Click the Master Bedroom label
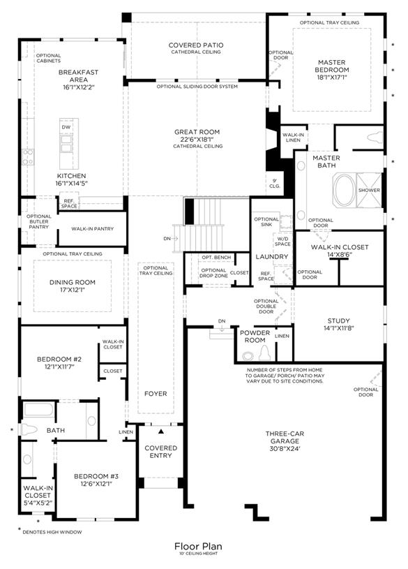point(331,66)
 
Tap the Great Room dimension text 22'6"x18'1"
point(197,140)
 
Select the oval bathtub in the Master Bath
point(344,190)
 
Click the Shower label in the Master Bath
point(369,190)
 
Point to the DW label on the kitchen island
point(66,127)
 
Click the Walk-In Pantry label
point(93,228)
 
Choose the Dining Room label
point(72,282)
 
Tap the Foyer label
point(156,393)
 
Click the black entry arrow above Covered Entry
point(161,431)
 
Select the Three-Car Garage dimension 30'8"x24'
point(285,448)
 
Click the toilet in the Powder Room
point(264,353)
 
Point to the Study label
point(338,320)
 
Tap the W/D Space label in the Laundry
point(282,242)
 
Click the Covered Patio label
point(196,45)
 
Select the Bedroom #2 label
point(59,359)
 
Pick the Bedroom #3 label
point(96,476)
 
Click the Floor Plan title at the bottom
point(198,546)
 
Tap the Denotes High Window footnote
point(52,532)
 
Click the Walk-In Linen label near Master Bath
point(293,137)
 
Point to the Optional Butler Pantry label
point(39,221)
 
